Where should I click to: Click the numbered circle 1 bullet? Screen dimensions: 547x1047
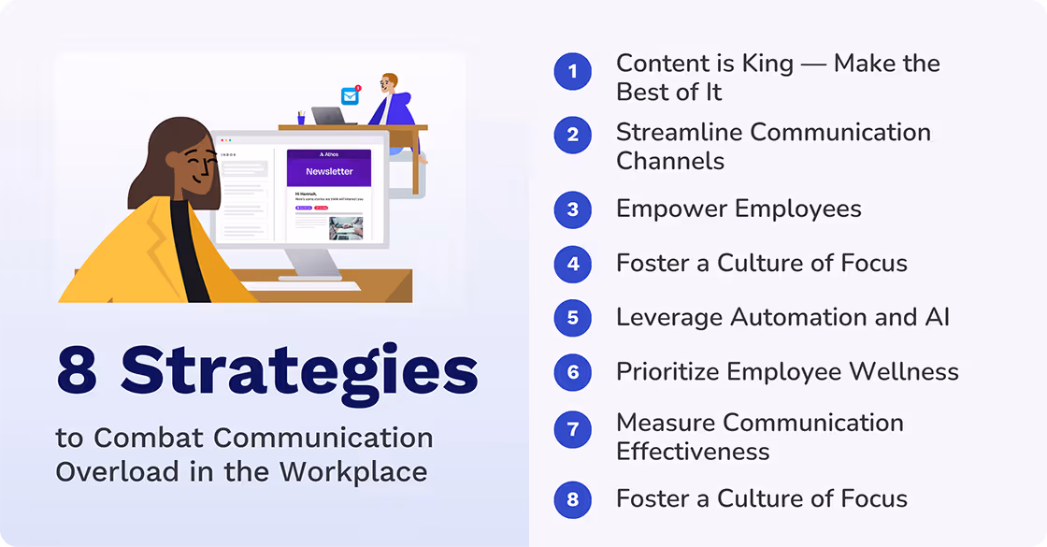572,72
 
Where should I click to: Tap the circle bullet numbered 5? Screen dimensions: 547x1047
572,318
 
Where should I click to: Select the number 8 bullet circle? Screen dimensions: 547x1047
572,499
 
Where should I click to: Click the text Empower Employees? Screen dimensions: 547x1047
739,209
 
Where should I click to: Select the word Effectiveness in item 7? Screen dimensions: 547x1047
693,452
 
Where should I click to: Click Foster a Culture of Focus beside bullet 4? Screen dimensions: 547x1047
761,264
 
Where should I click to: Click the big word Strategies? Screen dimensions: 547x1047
299,370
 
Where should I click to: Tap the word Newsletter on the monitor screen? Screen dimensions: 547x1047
329,171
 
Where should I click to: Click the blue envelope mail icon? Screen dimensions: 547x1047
350,95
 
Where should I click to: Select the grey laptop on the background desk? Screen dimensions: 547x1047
328,116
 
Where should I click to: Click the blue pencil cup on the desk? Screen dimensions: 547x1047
301,118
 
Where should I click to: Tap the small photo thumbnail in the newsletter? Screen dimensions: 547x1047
345,228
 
